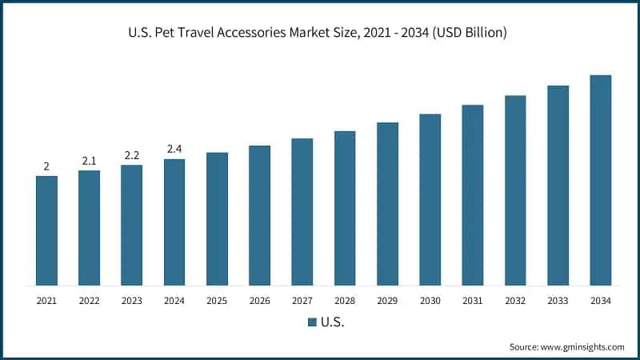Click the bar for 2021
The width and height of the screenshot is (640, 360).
tap(46, 230)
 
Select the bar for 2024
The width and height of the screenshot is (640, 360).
tap(174, 222)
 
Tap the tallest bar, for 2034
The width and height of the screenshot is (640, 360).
tap(601, 180)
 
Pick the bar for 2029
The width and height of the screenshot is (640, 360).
tap(387, 204)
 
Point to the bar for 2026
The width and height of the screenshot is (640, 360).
tap(259, 215)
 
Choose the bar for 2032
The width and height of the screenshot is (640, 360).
tap(515, 190)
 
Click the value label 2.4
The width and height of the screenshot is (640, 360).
tap(174, 149)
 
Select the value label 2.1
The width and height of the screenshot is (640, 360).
tap(89, 161)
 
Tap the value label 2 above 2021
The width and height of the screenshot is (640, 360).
tap(46, 166)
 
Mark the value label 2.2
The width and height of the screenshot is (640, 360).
tap(132, 155)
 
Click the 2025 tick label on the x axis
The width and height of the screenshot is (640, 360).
tap(217, 301)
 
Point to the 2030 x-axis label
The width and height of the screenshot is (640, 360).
tap(430, 301)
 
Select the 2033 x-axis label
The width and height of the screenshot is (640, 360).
tap(558, 301)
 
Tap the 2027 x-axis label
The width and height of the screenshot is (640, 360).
tap(302, 301)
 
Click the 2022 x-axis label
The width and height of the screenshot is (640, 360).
tap(89, 301)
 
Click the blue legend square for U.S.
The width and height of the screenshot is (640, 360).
tap(312, 322)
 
